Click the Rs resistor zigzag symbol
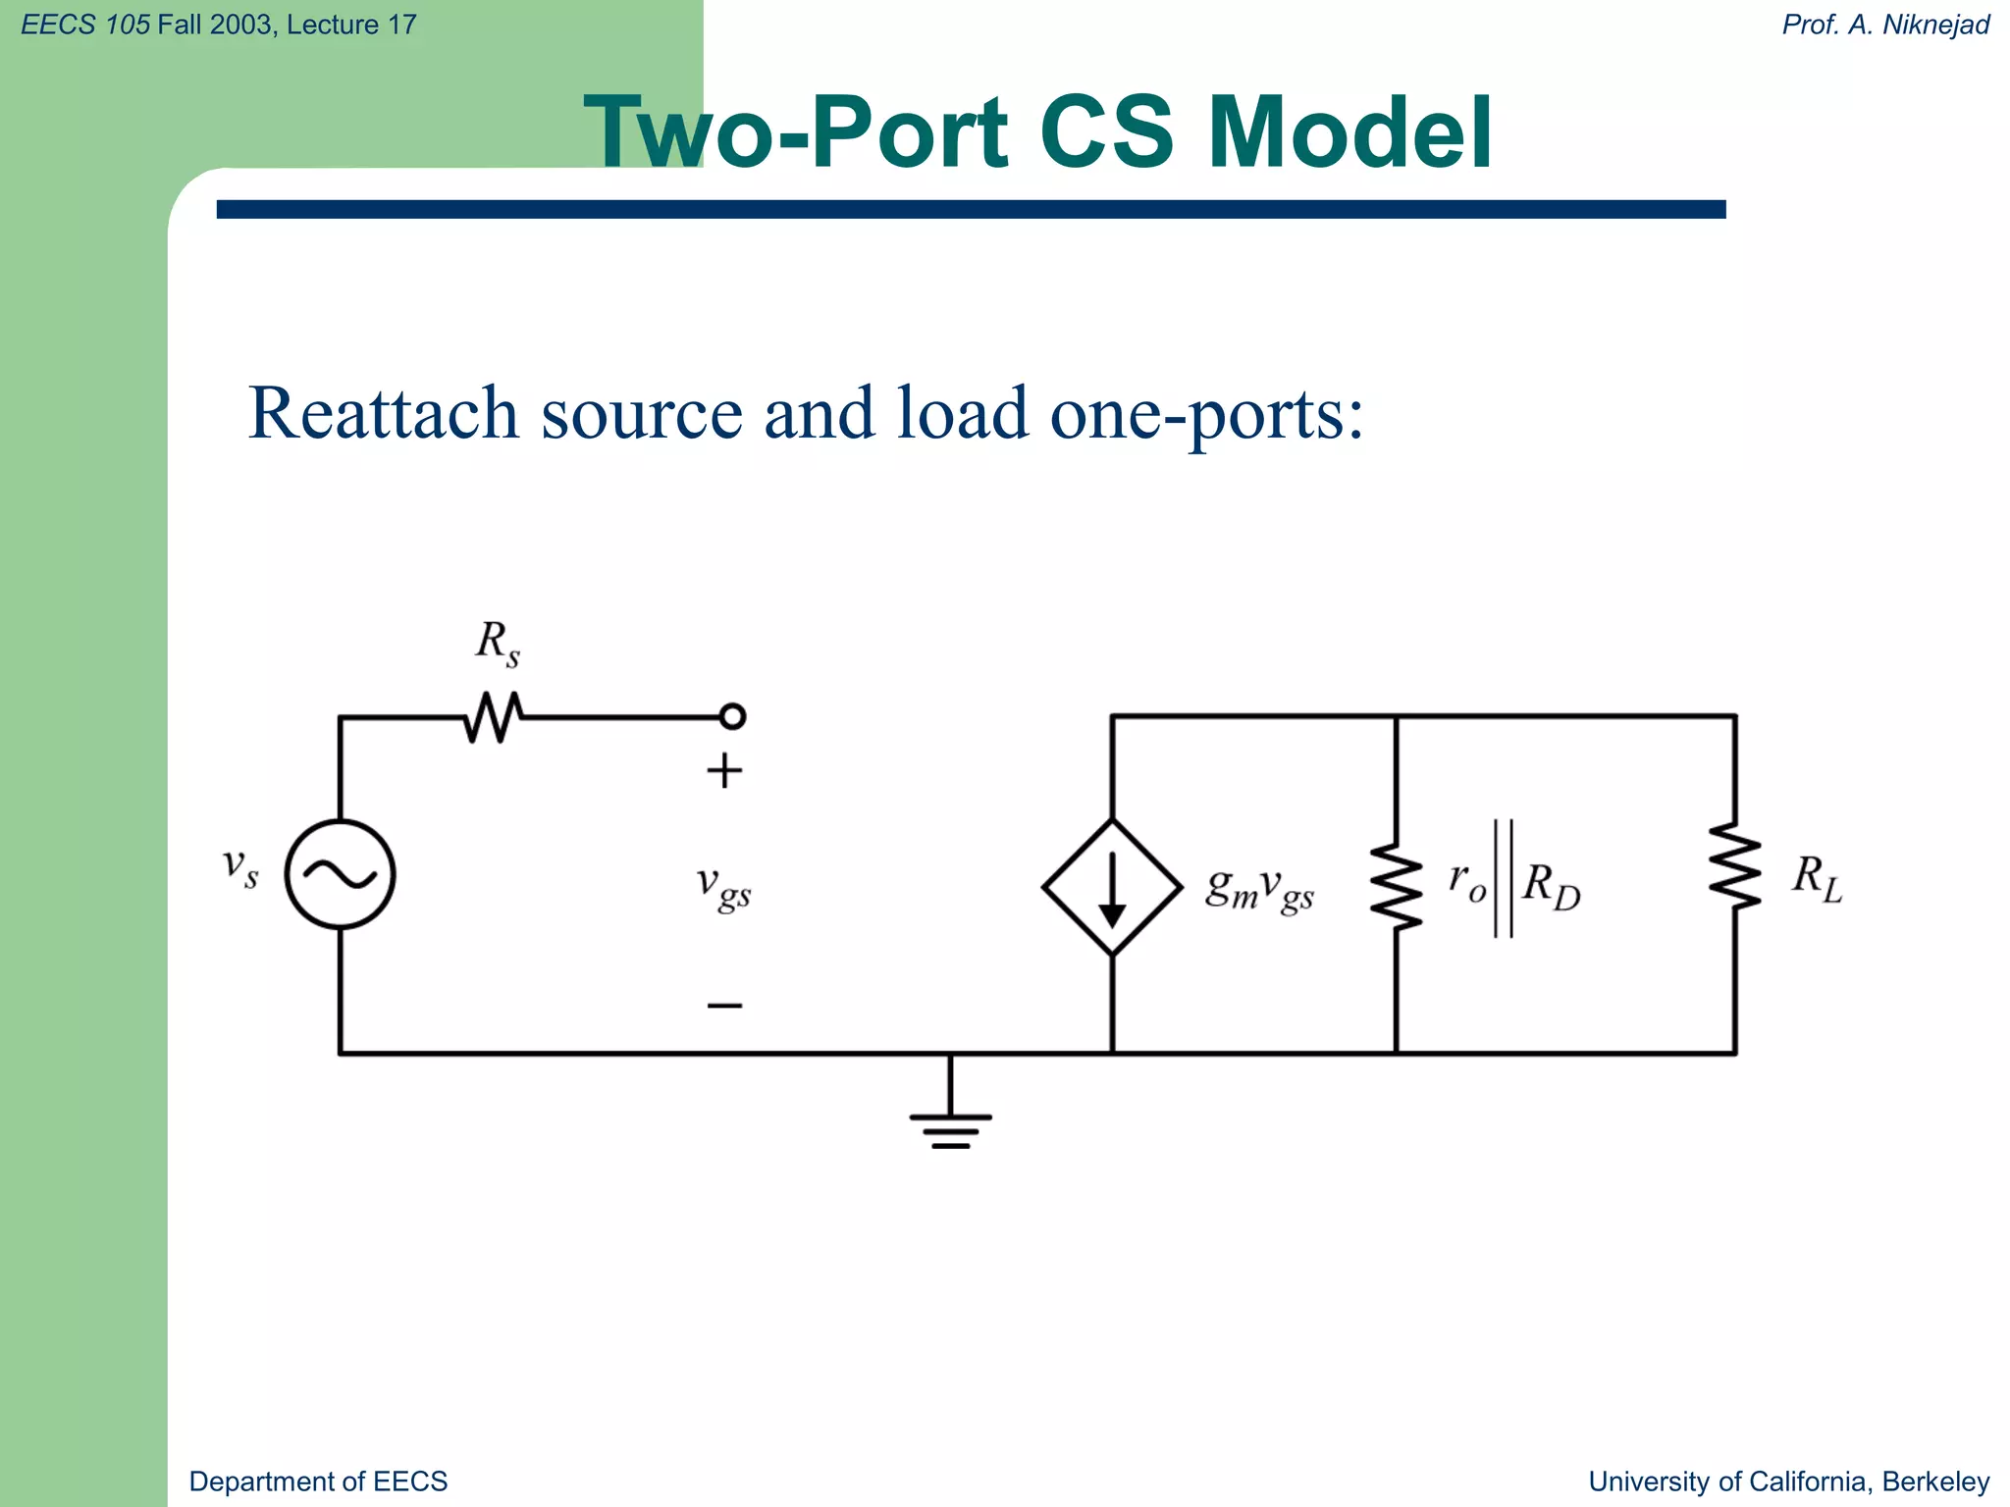point(494,717)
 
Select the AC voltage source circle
point(340,874)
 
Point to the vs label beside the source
point(240,867)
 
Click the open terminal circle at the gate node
point(732,716)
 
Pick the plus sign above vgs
point(724,771)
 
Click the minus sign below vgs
point(724,1005)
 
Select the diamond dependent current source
point(1112,887)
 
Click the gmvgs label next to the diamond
point(1259,889)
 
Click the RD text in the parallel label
point(1552,887)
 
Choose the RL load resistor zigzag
point(1734,867)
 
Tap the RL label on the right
point(1817,878)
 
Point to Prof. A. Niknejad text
point(1885,25)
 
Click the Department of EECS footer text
point(318,1481)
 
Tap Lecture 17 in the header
point(351,25)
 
